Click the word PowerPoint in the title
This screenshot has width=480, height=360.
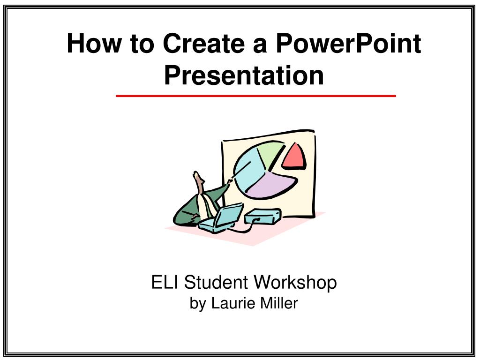click(x=348, y=44)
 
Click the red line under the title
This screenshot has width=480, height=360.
click(x=256, y=96)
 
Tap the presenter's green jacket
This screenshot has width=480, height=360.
click(x=187, y=209)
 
